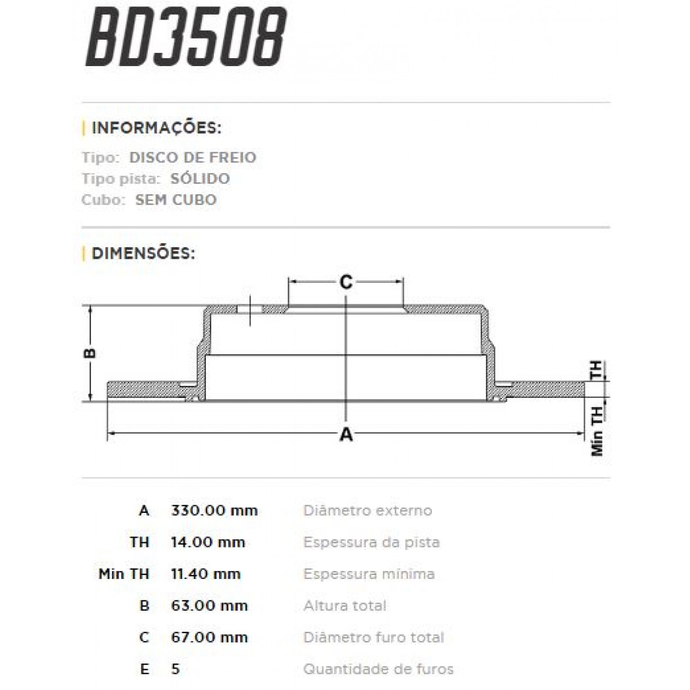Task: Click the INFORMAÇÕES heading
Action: point(156,128)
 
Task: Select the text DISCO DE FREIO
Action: point(193,158)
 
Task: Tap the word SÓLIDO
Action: point(200,179)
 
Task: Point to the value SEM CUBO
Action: point(175,200)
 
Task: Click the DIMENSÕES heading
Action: point(143,253)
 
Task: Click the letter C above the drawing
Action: point(345,282)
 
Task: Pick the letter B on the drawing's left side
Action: point(90,353)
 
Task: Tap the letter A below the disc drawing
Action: point(346,435)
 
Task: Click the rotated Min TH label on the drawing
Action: point(597,431)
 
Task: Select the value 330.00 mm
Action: point(214,511)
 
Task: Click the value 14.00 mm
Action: point(208,542)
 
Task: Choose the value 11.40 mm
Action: point(206,574)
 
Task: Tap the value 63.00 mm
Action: point(209,605)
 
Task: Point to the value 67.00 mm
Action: point(209,637)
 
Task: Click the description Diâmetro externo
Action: point(367,511)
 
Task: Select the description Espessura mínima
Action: point(369,574)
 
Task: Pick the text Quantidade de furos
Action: point(378,669)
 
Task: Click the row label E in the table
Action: point(144,669)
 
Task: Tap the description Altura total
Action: point(344,605)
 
